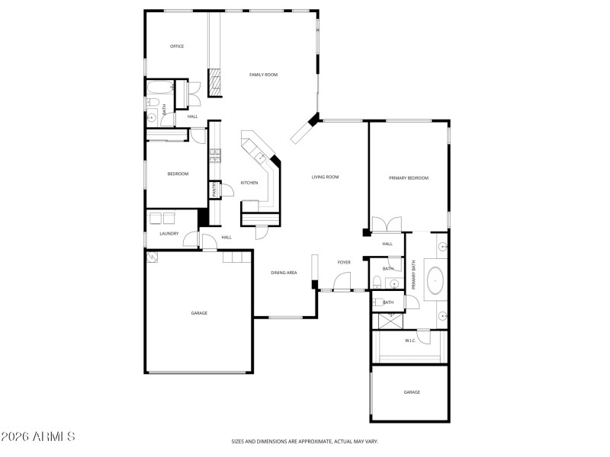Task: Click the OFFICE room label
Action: click(177, 46)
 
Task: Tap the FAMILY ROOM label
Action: click(264, 75)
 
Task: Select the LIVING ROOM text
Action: click(325, 177)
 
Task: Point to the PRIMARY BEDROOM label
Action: click(409, 178)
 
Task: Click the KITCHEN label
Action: click(249, 183)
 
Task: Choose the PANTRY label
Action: click(215, 189)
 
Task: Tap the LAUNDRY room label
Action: click(169, 234)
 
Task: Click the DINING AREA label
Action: click(284, 272)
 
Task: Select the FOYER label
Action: click(344, 263)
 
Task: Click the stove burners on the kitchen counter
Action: click(216, 156)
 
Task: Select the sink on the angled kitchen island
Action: click(261, 158)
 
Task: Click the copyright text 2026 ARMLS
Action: click(38, 437)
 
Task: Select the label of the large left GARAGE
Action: click(199, 313)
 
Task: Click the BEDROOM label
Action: click(178, 174)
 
